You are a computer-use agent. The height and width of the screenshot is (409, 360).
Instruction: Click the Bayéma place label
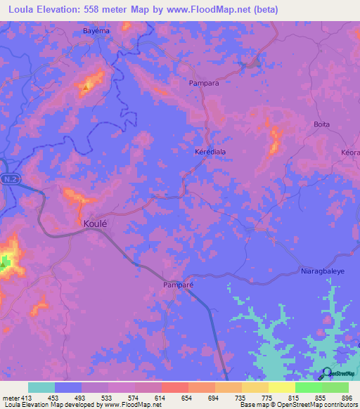(x=96, y=32)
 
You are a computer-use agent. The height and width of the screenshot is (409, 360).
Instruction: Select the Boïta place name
(x=321, y=124)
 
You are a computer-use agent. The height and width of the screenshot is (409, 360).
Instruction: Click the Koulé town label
(x=95, y=223)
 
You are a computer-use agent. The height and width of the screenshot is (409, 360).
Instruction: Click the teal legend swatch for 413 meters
(x=41, y=387)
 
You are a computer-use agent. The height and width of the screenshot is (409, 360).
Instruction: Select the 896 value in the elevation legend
(x=347, y=397)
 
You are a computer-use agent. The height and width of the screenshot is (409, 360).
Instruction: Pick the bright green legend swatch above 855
(x=308, y=387)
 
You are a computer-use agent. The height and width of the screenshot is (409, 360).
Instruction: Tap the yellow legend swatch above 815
(x=281, y=387)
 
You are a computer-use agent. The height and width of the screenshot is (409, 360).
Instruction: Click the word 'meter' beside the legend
(x=11, y=397)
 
